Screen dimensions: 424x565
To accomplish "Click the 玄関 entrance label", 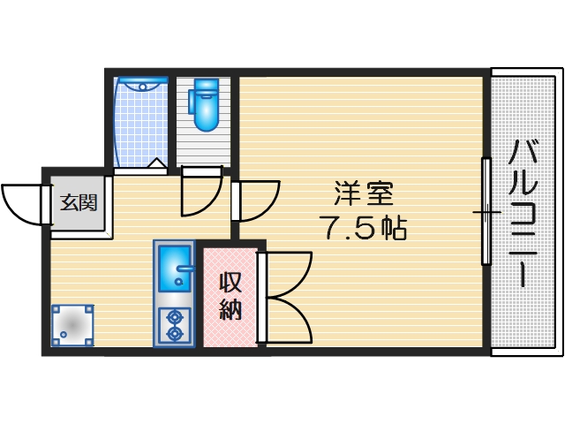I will pyautogui.click(x=79, y=203).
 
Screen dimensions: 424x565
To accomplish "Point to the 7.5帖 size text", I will pyautogui.click(x=362, y=230).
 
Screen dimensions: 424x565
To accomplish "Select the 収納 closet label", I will pyautogui.click(x=230, y=296).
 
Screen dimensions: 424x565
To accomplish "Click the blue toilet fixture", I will pyautogui.click(x=207, y=104).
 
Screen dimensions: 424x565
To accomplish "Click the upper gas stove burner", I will pyautogui.click(x=174, y=316).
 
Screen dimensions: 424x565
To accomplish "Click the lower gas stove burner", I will pyautogui.click(x=174, y=334).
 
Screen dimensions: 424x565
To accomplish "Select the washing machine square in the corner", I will pyautogui.click(x=72, y=325).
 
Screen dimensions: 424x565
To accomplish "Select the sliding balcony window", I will pyautogui.click(x=486, y=212).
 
